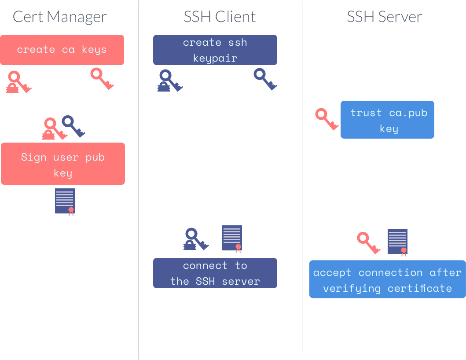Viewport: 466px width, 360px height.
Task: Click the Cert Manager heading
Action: coord(59,17)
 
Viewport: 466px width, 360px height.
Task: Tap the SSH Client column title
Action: coord(220,17)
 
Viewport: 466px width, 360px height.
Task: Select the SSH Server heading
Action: coord(384,17)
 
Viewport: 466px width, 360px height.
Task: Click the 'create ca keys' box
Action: coord(62,50)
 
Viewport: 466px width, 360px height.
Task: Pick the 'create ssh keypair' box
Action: coord(215,50)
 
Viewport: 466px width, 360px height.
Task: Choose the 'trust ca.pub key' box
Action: coord(387,120)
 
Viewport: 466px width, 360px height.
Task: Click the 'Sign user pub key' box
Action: coord(63,164)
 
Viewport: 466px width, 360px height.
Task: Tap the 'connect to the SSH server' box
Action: coord(215,273)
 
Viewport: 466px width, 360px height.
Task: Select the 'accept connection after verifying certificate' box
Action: coord(387,280)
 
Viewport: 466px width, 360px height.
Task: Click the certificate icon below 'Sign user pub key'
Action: coord(65,202)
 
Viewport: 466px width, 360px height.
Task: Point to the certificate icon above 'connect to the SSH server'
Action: coord(232,239)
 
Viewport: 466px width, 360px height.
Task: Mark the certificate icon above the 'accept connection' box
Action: coord(397,242)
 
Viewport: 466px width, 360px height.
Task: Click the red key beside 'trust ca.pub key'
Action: coord(327,119)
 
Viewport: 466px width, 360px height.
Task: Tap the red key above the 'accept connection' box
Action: coord(368,242)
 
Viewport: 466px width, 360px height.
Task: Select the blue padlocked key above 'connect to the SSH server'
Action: coord(195,239)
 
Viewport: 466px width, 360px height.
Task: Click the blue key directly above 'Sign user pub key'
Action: coord(73,126)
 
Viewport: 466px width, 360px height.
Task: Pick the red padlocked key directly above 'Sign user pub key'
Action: coord(53,129)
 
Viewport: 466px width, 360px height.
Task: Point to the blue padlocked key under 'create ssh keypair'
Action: coord(169,81)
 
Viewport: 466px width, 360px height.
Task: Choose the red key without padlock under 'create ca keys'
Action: coord(102,78)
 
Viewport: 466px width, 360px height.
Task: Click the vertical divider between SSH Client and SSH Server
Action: coord(302,176)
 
